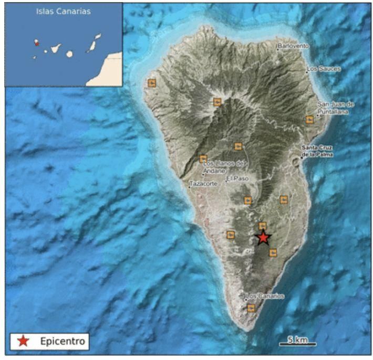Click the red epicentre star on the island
pos(263,238)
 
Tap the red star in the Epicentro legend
pos(24,342)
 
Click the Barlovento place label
pos(293,46)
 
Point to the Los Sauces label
pos(324,69)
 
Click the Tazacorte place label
pos(202,184)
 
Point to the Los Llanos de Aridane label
pos(223,167)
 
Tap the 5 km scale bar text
pos(298,340)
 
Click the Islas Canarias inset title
pos(63,12)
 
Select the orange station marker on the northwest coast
pos(152,83)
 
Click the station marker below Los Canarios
pos(251,308)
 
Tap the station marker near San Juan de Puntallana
pos(309,120)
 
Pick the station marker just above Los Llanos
pos(203,158)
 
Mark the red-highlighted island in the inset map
pos(37,43)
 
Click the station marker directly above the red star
pos(263,226)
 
